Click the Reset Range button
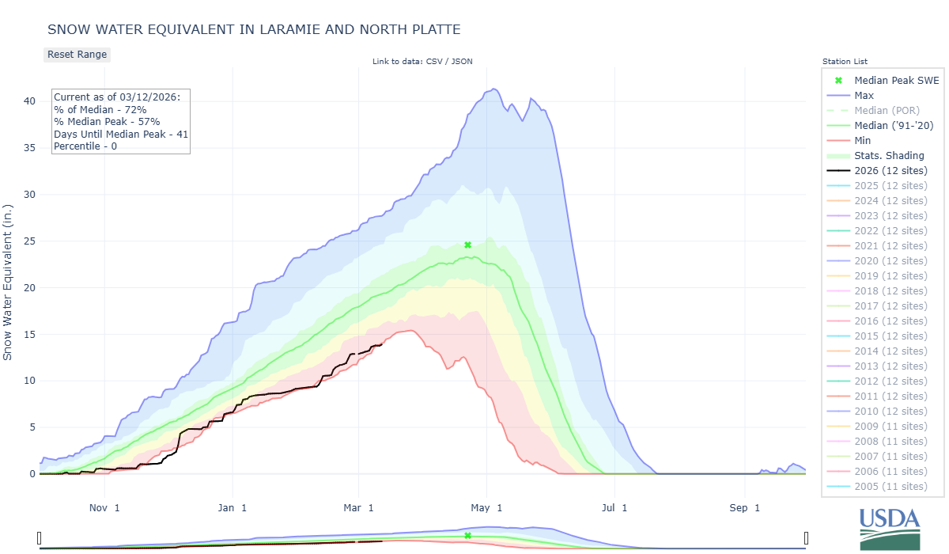click(x=77, y=55)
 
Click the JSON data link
click(x=462, y=61)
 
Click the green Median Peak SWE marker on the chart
click(x=467, y=245)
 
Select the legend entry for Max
click(x=864, y=95)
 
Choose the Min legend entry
click(x=864, y=140)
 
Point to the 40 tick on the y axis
click(x=29, y=101)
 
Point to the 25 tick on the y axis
click(x=29, y=241)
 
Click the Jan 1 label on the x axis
click(x=233, y=507)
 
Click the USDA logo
click(x=890, y=529)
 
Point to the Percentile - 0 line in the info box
click(x=85, y=146)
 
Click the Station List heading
click(x=845, y=61)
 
